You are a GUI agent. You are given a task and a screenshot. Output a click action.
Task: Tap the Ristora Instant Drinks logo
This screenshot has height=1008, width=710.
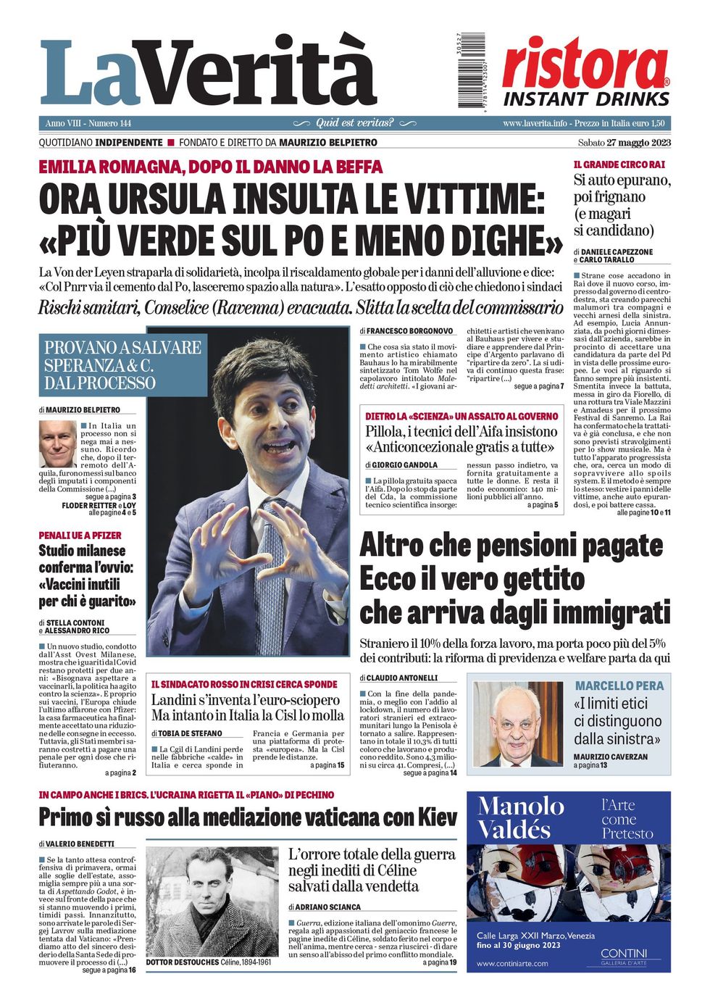(x=586, y=72)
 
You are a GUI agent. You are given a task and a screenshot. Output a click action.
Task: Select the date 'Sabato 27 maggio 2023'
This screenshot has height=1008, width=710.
(x=624, y=143)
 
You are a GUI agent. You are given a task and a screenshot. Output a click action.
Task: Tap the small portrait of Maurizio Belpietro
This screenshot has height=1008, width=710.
(x=58, y=443)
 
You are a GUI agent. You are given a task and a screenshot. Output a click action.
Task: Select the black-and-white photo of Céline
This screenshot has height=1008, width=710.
(x=212, y=901)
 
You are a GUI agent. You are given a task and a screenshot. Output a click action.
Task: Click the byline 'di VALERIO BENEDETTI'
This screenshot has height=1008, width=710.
(x=77, y=844)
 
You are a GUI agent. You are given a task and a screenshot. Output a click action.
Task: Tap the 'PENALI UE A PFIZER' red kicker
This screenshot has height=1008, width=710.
(x=80, y=536)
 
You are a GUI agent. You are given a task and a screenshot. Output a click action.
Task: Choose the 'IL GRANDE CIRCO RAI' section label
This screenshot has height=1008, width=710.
(x=619, y=165)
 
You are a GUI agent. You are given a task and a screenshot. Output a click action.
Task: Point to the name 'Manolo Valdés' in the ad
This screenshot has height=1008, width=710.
(x=520, y=817)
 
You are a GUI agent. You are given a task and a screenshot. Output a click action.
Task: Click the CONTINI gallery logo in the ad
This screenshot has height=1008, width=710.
(x=624, y=956)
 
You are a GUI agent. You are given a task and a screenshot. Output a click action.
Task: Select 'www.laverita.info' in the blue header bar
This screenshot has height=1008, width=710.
(x=535, y=123)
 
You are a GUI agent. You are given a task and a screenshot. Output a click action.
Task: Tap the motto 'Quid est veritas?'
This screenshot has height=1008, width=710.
(x=355, y=123)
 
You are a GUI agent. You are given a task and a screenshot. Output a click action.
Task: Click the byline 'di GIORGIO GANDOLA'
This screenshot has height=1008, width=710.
(x=401, y=465)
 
